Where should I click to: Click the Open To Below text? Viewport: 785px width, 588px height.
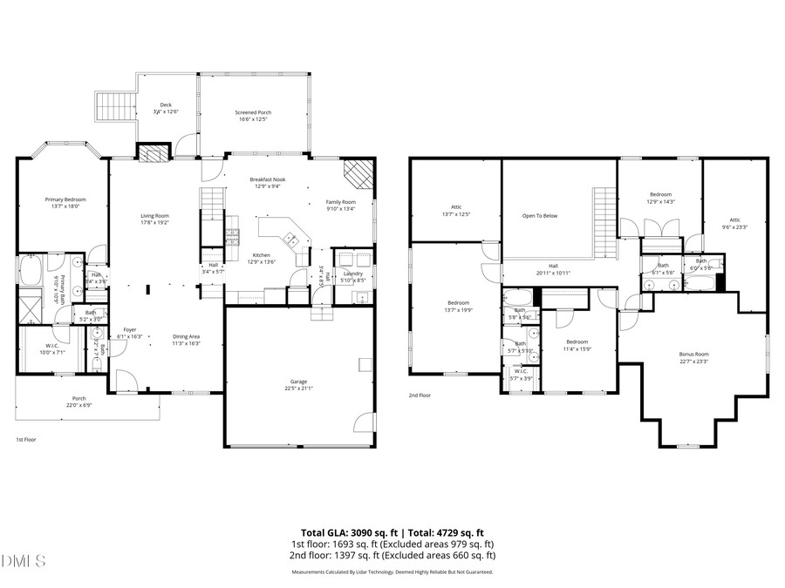click(540, 215)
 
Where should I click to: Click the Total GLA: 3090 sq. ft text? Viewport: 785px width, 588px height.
click(345, 531)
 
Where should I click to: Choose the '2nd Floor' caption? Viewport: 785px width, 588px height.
click(420, 395)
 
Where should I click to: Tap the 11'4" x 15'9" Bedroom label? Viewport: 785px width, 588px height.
click(577, 345)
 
